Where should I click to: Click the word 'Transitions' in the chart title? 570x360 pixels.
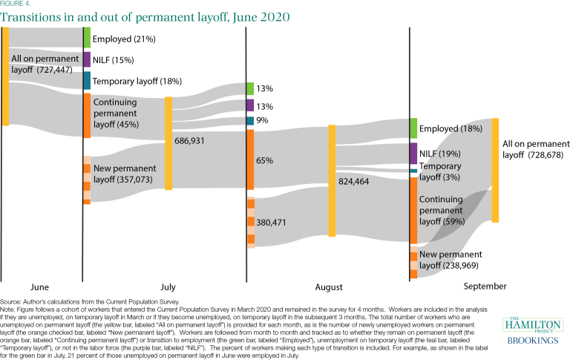34,16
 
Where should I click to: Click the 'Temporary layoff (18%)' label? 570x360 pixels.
137,81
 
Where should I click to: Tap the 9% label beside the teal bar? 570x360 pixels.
263,120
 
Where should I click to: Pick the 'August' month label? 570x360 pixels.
328,287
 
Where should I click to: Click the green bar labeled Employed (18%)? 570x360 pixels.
413,128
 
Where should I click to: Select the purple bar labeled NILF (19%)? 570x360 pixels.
413,154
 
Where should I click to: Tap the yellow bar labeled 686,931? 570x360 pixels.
168,143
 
